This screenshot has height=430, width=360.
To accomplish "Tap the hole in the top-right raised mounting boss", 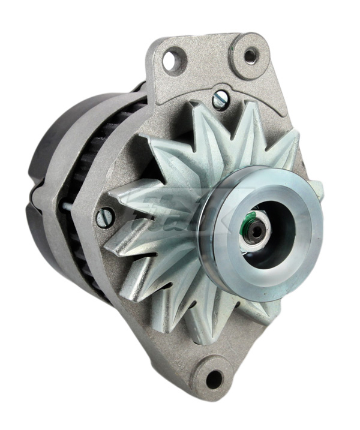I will [x=250, y=56].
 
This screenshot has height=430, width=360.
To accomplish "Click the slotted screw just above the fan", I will [x=220, y=100].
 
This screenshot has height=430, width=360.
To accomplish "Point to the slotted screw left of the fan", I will [x=106, y=216].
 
